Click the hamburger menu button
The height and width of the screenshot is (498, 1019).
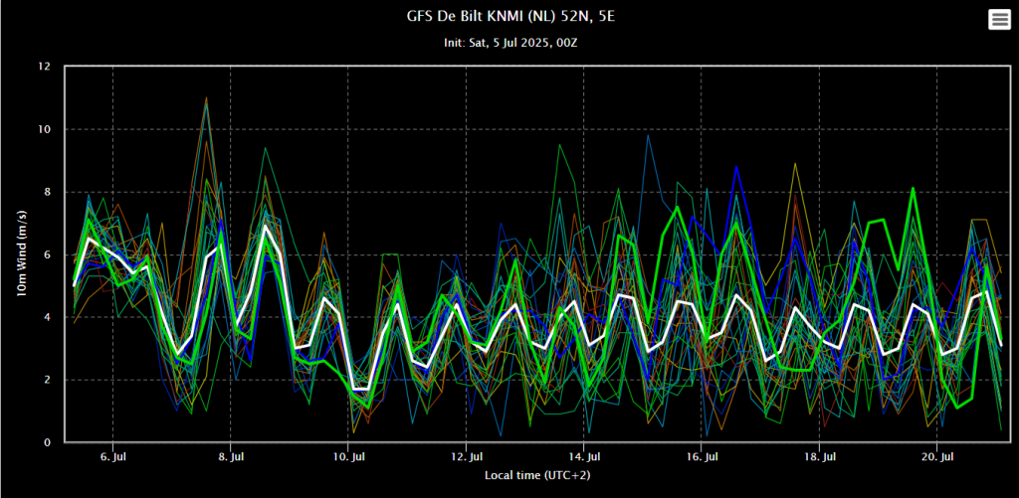pos(999,20)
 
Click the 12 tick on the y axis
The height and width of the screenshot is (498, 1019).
pos(43,67)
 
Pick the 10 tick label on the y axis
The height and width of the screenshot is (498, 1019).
pos(43,129)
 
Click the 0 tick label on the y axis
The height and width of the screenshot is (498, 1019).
pos(46,442)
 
